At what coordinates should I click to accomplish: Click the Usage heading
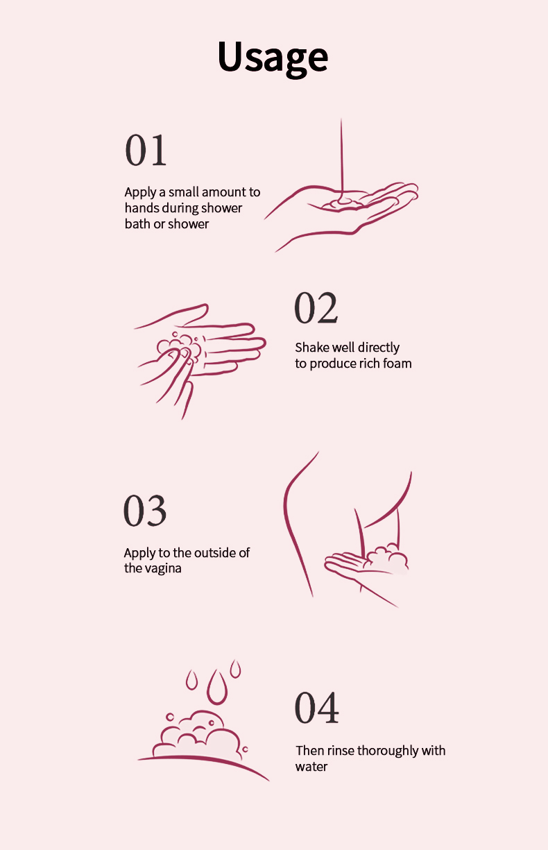273,57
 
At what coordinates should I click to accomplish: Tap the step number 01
146,151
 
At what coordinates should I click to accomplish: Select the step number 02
316,307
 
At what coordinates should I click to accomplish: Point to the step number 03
145,511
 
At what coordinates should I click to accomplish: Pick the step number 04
316,707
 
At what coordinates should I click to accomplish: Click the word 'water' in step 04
311,767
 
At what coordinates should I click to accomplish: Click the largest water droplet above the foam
217,687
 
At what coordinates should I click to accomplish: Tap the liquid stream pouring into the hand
342,160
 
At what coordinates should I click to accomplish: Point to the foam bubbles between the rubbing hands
179,347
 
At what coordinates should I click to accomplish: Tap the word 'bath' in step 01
137,224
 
